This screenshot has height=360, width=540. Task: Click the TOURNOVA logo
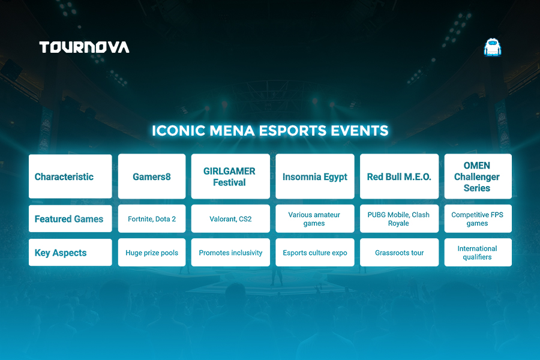[85, 47]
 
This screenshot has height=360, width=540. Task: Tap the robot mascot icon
[493, 47]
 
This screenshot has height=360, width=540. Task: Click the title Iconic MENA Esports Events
[270, 131]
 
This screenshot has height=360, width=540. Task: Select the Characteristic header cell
[70, 176]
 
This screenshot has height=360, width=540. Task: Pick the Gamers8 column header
[152, 176]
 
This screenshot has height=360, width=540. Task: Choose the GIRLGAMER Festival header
[230, 176]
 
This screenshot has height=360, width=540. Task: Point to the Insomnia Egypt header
[315, 176]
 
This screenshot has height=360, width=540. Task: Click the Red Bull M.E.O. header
[399, 176]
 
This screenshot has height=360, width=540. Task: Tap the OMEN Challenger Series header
[478, 176]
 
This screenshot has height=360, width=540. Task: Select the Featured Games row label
[70, 219]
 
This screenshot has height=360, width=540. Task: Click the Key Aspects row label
[70, 253]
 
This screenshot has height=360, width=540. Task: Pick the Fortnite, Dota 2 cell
[152, 219]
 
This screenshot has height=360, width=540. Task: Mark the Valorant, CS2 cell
[230, 219]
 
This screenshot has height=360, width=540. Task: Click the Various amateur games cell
[315, 219]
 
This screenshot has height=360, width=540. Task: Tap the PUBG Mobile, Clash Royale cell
[399, 219]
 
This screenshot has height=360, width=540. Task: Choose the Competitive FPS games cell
[478, 219]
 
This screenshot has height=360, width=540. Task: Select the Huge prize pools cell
[152, 253]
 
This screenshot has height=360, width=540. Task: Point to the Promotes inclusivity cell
[230, 253]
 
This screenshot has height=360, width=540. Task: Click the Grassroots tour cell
[399, 253]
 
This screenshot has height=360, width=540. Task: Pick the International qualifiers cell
[478, 253]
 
